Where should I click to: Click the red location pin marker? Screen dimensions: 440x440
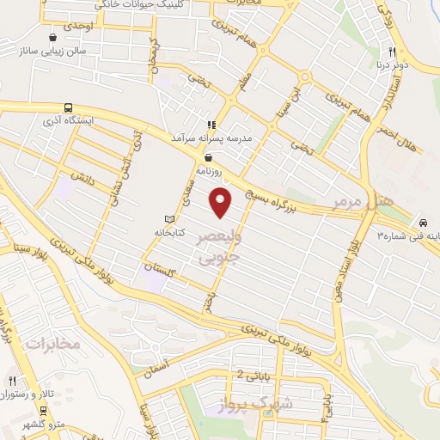[x=222, y=202]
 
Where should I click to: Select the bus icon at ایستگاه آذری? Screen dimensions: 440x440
[x=68, y=109]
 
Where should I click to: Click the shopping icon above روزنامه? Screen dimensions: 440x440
[x=209, y=157]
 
